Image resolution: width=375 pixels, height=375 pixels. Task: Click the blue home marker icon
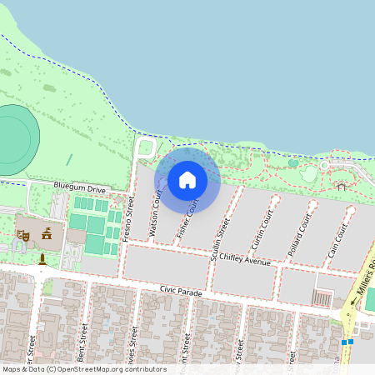(187, 179)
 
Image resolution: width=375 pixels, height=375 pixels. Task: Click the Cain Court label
(336, 239)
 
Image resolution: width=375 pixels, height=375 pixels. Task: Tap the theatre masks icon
(24, 236)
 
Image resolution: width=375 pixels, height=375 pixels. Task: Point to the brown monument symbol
(42, 259)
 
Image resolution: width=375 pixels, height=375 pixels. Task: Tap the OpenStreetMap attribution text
(84, 369)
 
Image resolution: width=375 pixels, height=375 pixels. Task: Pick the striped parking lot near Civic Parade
(321, 297)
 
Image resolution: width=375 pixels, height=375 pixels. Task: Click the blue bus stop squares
(347, 341)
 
